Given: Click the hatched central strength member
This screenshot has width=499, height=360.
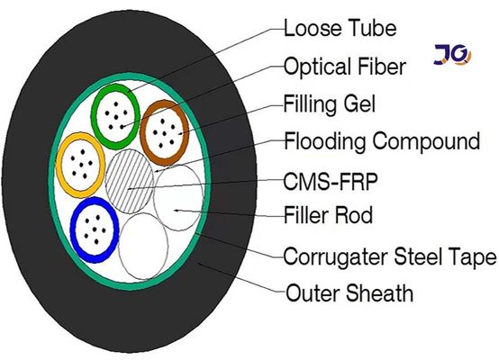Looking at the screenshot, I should point(131,179).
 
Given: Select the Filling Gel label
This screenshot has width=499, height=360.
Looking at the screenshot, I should point(329,103).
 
